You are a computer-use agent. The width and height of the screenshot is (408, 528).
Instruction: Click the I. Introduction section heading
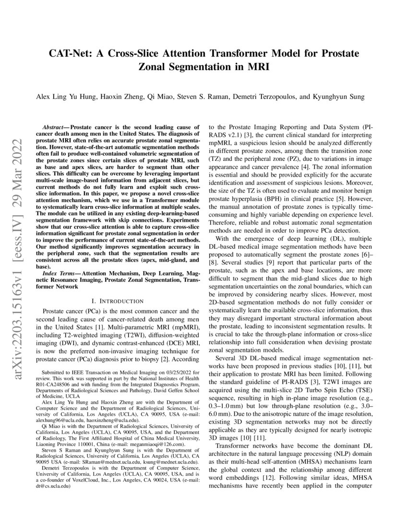point(117,301)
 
